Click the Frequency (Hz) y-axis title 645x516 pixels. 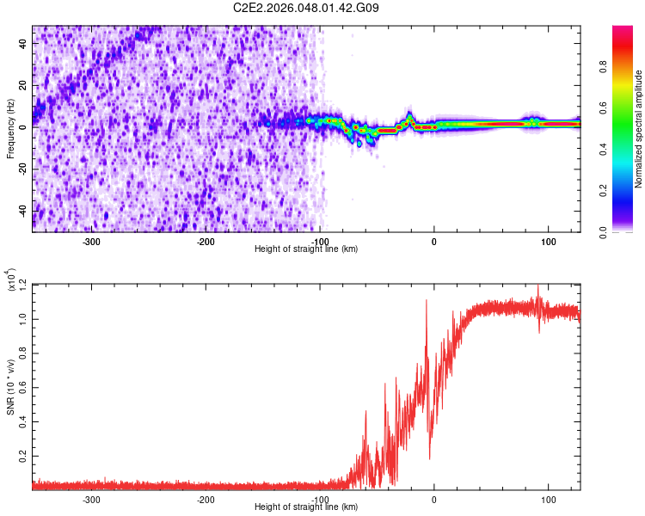pos(11,128)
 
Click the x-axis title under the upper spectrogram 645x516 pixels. pos(306,249)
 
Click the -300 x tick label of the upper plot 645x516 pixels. pos(91,241)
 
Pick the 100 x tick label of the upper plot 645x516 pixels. pos(548,241)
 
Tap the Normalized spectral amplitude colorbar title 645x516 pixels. pos(639,128)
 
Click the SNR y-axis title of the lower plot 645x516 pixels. pos(11,386)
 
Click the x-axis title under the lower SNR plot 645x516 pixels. pos(306,507)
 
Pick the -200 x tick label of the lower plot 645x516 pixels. pos(206,499)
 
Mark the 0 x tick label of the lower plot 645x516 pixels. pos(433,499)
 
